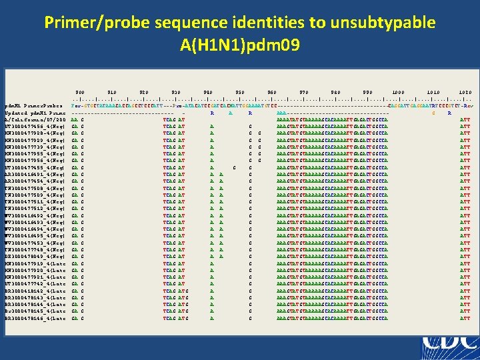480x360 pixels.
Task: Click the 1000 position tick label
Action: tap(398, 91)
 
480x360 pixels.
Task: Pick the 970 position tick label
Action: tap(304, 91)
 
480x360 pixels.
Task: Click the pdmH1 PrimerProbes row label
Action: tap(33, 105)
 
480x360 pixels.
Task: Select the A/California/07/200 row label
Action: tap(33, 119)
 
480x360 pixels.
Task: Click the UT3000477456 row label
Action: tap(33, 125)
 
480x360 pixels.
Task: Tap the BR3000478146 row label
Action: tap(33, 318)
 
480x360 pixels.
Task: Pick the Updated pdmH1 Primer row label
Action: tap(33, 112)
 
